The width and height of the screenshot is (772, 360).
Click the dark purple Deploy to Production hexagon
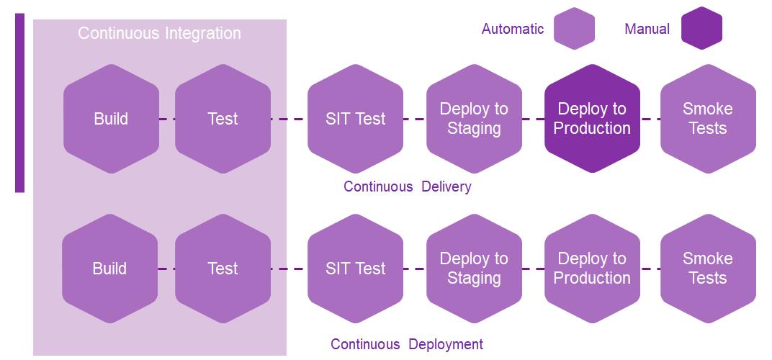point(592,119)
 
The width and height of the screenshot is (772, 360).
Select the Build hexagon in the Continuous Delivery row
point(112,119)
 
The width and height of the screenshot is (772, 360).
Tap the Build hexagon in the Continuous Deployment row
point(109,269)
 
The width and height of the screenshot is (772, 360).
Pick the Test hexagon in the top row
point(223,119)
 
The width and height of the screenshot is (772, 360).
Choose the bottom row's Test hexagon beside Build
point(223,269)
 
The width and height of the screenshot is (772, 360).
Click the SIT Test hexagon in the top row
point(356,119)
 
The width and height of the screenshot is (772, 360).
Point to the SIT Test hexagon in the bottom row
point(356,269)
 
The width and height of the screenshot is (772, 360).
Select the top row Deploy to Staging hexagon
point(474,119)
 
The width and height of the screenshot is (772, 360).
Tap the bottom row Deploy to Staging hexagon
point(474,269)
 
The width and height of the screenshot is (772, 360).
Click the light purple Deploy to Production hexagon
point(592,269)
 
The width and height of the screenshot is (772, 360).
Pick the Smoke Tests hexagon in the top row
point(708,119)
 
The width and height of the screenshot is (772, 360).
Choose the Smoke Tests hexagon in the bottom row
point(708,269)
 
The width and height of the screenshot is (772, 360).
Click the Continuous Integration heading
point(160,34)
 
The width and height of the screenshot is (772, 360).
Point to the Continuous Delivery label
point(408,186)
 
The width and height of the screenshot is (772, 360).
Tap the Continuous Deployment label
point(407,343)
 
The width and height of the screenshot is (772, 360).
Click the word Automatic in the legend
point(513,29)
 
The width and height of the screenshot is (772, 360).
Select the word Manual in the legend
point(647,29)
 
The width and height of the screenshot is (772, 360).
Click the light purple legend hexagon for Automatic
point(574,28)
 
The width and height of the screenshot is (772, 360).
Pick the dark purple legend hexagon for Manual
point(701,28)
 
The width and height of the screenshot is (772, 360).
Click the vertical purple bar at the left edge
point(19,102)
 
